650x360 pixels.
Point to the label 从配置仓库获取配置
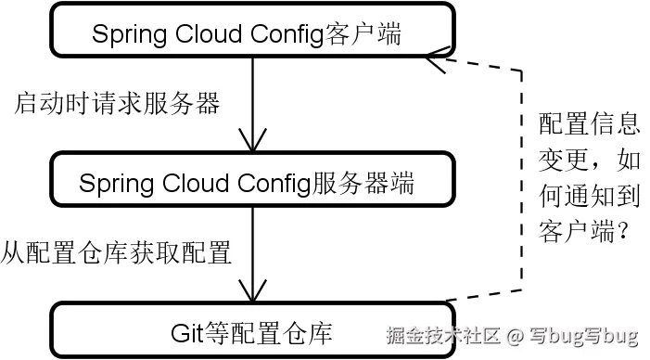point(117,251)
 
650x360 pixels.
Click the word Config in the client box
point(281,34)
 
